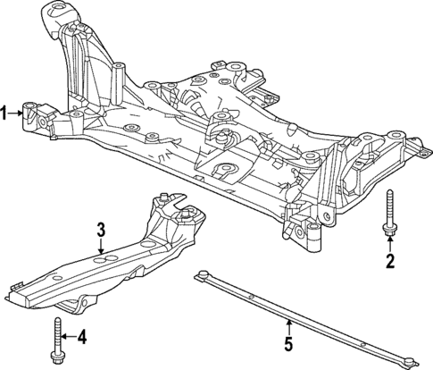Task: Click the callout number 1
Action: click(5, 113)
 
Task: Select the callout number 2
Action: click(389, 261)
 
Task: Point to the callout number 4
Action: click(82, 337)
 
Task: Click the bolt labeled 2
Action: click(390, 214)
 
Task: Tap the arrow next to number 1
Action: click(17, 113)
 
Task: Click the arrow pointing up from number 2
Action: click(390, 245)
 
